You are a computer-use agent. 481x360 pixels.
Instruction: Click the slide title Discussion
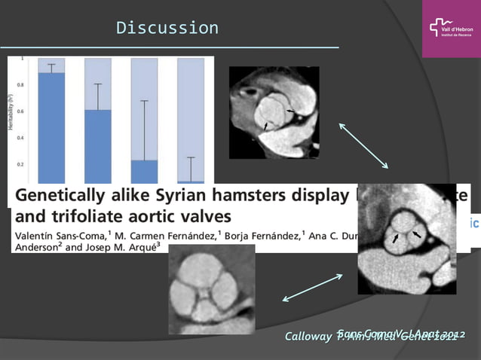pyautogui.click(x=167, y=29)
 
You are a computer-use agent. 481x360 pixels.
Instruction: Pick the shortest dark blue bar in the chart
pyautogui.click(x=191, y=182)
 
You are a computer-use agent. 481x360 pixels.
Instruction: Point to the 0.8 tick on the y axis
pyautogui.click(x=20, y=85)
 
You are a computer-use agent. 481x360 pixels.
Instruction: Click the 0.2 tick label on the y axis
pyautogui.click(x=20, y=164)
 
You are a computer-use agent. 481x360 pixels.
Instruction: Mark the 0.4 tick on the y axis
pyautogui.click(x=20, y=138)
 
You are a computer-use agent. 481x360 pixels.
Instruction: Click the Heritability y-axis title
pyautogui.click(x=11, y=111)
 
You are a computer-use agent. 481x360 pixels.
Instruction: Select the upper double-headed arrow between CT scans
pyautogui.click(x=363, y=145)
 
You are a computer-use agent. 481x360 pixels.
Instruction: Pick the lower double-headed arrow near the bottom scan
pyautogui.click(x=312, y=288)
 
